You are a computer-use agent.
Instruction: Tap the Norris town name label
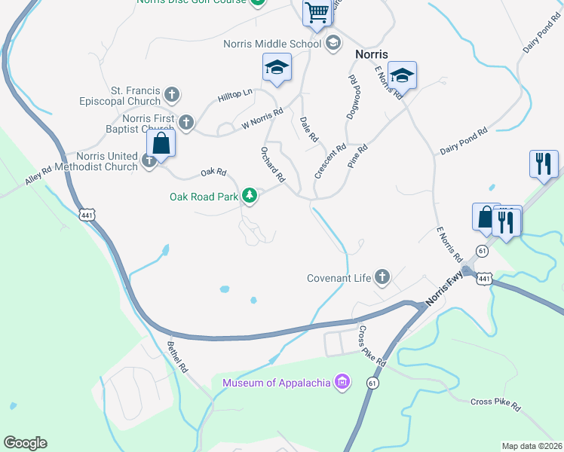372,54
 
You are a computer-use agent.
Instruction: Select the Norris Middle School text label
272,44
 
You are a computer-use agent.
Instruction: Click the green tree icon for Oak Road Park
250,197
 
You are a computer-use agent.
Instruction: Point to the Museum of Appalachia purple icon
342,382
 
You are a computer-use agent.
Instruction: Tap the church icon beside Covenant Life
382,278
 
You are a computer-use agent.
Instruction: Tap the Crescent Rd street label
330,161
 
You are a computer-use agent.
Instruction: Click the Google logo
25,443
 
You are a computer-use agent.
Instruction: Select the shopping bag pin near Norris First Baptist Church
161,142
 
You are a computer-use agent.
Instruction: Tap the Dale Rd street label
309,129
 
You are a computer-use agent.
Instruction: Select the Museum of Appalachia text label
277,383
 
